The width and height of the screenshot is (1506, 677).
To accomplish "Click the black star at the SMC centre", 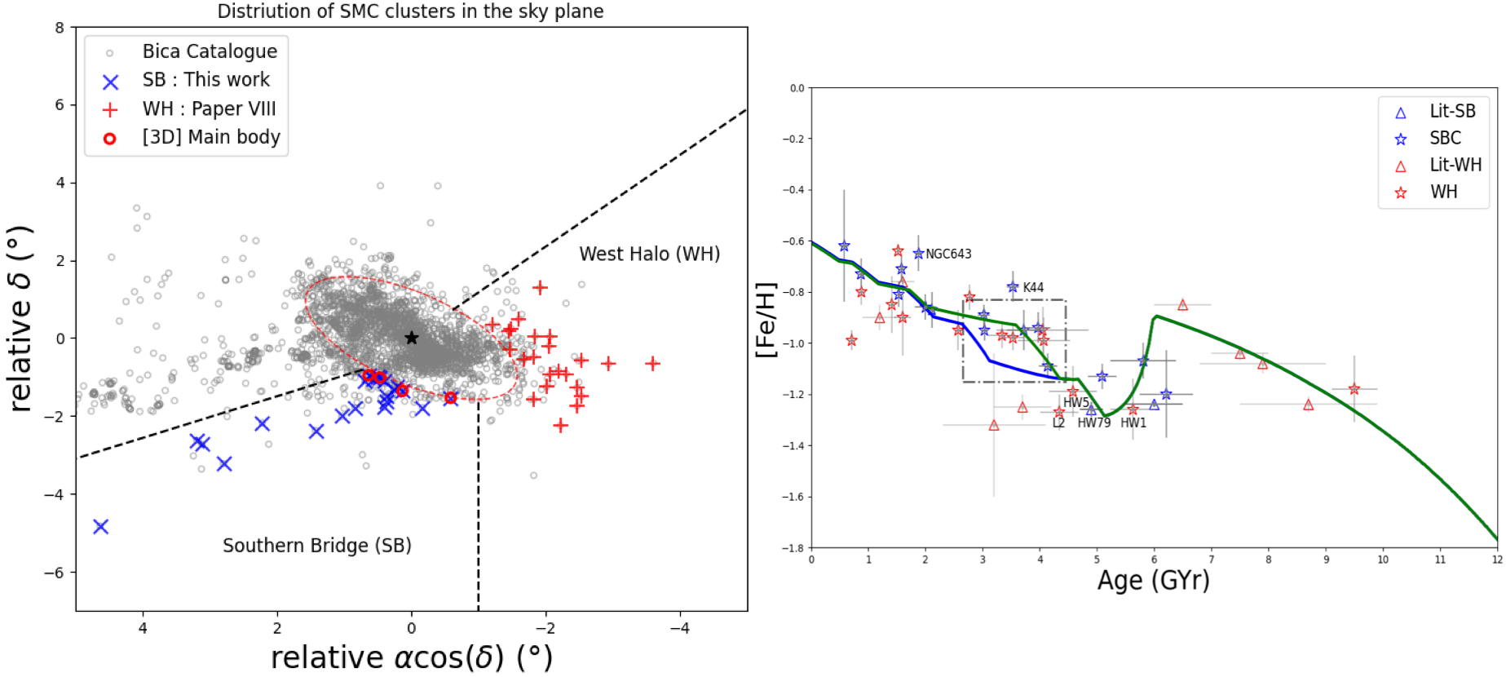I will pos(412,338).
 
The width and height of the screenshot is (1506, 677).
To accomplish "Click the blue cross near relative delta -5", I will pos(101,527).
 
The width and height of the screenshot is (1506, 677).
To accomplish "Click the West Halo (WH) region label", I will pos(649,254).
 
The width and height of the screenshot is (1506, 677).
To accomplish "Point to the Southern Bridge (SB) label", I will pos(316,545).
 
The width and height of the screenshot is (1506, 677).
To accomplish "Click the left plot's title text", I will pos(410,11).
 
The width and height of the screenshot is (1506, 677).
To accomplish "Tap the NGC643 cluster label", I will pos(948,254).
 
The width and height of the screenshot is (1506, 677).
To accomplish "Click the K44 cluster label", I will pos(1033,287).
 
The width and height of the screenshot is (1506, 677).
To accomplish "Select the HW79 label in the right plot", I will pos(1093,423).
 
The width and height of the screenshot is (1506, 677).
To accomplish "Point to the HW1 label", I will pos(1133,423).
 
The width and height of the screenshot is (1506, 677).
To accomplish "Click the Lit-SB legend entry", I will pos(1452,111).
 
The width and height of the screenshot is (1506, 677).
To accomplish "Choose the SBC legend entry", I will pos(1445,138).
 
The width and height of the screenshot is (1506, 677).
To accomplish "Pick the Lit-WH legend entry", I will pos(1455,165).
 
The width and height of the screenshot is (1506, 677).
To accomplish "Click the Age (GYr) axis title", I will pos(1153,580).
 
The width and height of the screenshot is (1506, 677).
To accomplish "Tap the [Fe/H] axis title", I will pos(765,320).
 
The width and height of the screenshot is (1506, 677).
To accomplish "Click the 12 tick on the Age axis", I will pos(1496,560).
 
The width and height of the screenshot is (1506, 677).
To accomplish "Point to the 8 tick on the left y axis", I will pos(60,28).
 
